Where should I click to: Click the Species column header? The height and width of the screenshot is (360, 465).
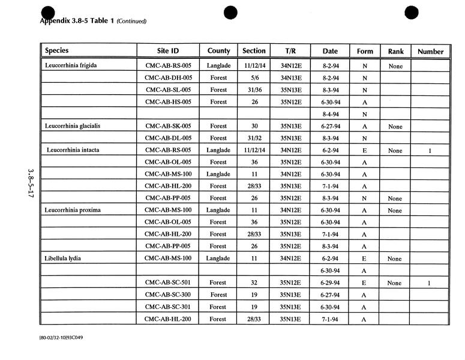point(56,51)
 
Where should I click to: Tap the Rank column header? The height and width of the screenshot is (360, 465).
point(395,52)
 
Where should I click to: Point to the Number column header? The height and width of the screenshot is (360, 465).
point(430,52)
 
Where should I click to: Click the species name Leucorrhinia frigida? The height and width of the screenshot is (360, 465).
point(71,65)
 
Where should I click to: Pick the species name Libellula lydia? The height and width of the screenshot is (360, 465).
point(62,258)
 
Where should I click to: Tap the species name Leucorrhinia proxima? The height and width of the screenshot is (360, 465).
point(71,210)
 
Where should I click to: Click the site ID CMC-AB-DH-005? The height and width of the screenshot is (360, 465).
point(169,78)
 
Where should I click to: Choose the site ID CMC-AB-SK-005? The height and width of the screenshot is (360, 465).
point(169,126)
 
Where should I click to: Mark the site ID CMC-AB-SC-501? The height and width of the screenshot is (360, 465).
point(169,283)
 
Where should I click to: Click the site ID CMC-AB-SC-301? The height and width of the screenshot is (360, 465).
point(169,307)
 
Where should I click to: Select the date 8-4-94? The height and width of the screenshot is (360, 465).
point(331,114)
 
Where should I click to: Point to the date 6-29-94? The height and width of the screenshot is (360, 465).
point(331,283)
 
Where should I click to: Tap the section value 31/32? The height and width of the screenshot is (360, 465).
point(254,138)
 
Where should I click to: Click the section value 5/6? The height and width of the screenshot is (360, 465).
point(254,78)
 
